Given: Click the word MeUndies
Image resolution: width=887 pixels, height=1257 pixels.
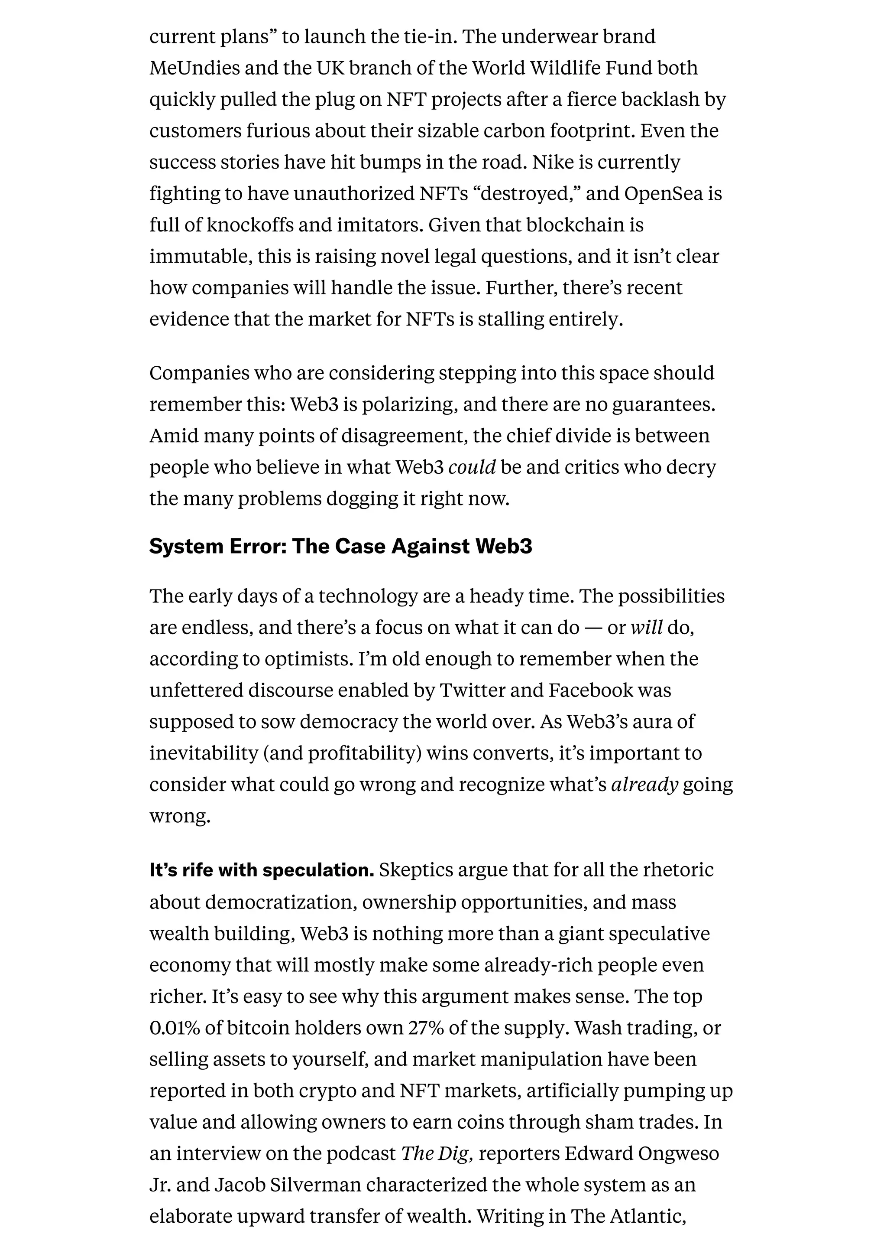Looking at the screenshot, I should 194,68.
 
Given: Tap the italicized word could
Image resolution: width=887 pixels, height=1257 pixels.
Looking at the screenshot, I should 472,468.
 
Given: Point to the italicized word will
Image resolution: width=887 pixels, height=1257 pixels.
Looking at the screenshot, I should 647,627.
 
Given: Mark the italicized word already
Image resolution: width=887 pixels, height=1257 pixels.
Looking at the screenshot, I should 644,785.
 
